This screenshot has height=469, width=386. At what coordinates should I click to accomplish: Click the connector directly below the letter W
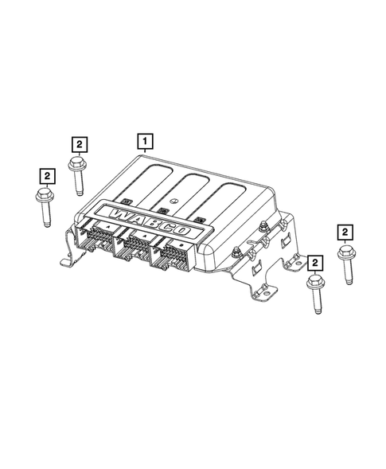(x=99, y=238)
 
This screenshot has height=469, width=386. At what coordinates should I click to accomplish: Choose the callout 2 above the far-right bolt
(x=345, y=232)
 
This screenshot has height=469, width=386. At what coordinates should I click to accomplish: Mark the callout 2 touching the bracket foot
(x=314, y=261)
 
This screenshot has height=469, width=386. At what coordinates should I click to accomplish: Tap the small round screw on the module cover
(x=173, y=201)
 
